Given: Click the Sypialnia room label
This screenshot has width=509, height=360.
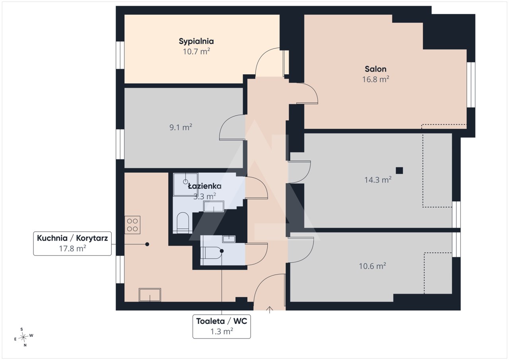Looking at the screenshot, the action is click(x=196, y=41).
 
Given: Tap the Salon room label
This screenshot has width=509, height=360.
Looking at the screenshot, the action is click(x=375, y=69).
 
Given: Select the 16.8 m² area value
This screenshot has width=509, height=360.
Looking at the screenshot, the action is click(x=375, y=79).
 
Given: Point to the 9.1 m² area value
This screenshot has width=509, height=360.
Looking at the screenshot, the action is click(x=181, y=127).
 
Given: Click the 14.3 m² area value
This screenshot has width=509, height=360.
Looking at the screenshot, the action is click(x=378, y=180).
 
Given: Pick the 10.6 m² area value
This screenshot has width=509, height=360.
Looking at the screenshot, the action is click(x=372, y=266).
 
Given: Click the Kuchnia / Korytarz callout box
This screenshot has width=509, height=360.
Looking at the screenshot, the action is click(x=72, y=243).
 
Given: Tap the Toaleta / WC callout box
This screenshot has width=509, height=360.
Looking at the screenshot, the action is click(x=221, y=326).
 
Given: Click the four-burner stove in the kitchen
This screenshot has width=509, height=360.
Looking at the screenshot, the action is click(x=132, y=225).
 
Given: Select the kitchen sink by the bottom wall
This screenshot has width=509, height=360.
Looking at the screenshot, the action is click(x=150, y=295).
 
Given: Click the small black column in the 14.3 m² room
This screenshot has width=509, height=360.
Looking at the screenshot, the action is click(x=399, y=170).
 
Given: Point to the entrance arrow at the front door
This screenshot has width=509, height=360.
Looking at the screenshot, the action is click(x=270, y=310).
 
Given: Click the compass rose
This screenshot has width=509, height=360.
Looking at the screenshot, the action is click(x=23, y=337).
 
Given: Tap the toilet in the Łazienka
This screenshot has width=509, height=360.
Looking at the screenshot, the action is click(x=183, y=223).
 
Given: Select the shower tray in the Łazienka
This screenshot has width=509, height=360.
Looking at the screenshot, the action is click(x=186, y=184).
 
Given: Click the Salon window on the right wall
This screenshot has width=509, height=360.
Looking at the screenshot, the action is click(x=471, y=85).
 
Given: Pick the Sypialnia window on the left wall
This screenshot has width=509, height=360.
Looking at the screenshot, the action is click(x=120, y=55).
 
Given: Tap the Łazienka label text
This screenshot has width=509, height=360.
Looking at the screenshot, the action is click(x=204, y=186).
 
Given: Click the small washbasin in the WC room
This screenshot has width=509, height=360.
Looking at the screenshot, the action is click(x=229, y=239).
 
